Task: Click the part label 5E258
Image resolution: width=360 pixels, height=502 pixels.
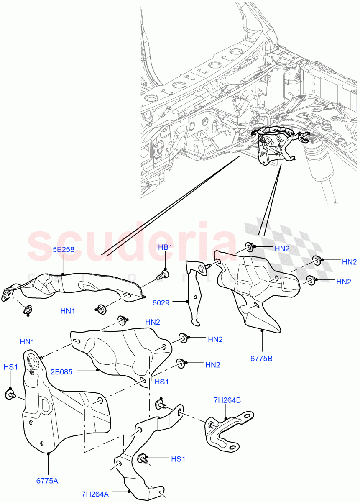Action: click(63, 250)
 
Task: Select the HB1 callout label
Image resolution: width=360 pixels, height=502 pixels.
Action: click(165, 248)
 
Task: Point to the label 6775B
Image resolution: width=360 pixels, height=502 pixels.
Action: click(262, 359)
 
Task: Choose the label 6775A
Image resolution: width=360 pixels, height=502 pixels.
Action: click(47, 481)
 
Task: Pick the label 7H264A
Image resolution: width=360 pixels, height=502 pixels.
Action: click(95, 494)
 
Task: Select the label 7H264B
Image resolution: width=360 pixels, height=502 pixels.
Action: click(227, 400)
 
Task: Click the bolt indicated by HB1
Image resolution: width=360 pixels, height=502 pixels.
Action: click(163, 275)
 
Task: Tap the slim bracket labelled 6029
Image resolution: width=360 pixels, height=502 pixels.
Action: click(193, 293)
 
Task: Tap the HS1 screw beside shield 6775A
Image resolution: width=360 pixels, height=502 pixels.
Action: click(10, 394)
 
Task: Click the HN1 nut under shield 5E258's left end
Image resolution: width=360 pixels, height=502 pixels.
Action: click(28, 310)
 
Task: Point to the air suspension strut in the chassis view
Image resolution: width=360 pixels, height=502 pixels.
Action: click(322, 167)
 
